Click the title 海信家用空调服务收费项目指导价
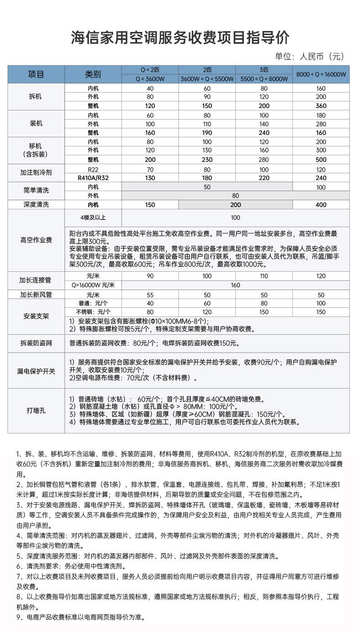[180, 37]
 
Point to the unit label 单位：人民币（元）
[309, 57]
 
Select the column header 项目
[36, 74]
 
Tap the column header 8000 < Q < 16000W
[321, 74]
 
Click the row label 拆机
[36, 97]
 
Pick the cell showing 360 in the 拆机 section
[321, 105]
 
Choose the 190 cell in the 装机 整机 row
[207, 133]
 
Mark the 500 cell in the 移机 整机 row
[321, 160]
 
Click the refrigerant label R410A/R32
[93, 178]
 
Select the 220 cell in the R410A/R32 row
[264, 178]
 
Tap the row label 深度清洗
[36, 205]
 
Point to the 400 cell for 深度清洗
[321, 205]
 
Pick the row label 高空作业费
[36, 240]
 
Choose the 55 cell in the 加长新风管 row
[150, 295]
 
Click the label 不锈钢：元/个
[93, 312]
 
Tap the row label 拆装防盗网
[36, 343]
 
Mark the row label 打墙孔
[36, 411]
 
